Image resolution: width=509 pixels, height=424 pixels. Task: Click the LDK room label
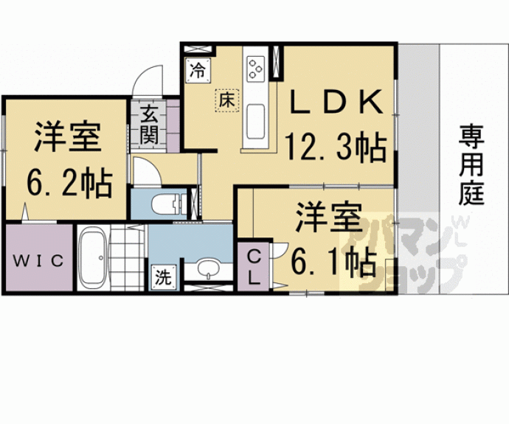click(336, 102)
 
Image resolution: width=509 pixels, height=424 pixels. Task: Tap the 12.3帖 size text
click(336, 148)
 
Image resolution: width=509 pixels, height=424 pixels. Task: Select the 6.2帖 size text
click(69, 184)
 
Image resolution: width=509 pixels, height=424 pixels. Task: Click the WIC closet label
click(38, 261)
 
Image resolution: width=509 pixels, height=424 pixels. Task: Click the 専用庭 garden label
click(471, 164)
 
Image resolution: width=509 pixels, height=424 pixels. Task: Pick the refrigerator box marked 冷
click(198, 70)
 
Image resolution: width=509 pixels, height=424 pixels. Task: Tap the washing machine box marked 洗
click(163, 277)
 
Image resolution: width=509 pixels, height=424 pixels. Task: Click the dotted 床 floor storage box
click(226, 100)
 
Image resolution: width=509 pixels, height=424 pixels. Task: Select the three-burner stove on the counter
click(255, 69)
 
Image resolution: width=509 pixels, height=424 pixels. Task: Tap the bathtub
click(93, 257)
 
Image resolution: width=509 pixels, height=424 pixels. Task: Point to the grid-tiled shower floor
click(126, 258)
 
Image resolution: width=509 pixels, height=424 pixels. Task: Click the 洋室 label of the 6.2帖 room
click(68, 137)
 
